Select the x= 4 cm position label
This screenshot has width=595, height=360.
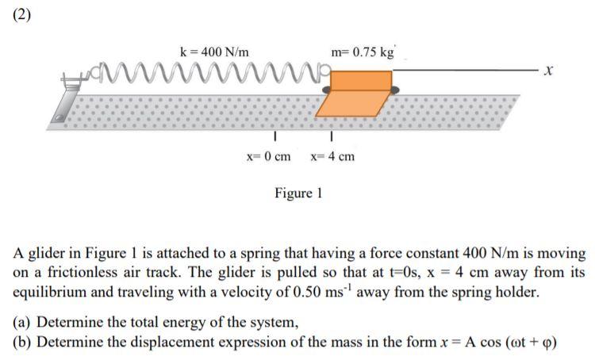[332, 156]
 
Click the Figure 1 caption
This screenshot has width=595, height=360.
[298, 193]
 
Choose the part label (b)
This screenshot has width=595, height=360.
[23, 342]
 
